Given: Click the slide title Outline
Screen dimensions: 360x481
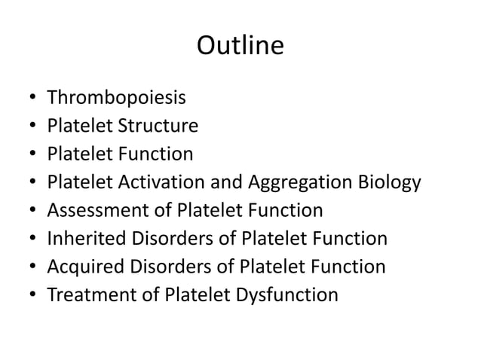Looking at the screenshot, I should click(x=240, y=46).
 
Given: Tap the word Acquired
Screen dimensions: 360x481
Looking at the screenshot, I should click(x=81, y=266).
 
